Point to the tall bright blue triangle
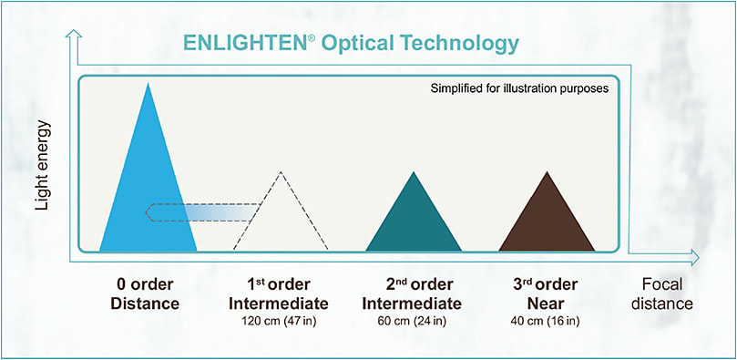click(x=148, y=191)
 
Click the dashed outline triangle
click(x=281, y=219)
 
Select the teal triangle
click(x=413, y=219)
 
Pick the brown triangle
click(x=547, y=219)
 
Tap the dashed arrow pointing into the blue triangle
click(x=200, y=212)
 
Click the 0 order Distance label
click(x=147, y=293)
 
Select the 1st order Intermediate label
click(x=280, y=293)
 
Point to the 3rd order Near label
click(x=546, y=293)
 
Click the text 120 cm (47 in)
click(x=280, y=321)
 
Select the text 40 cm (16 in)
click(x=546, y=321)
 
